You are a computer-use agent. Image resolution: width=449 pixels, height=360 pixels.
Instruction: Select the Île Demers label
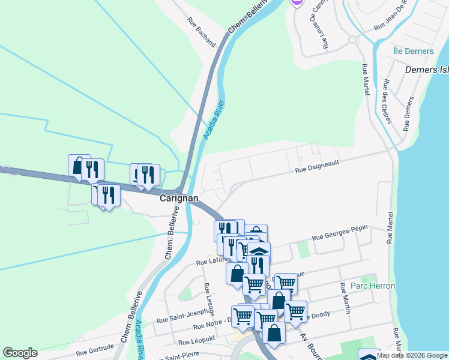[x=414, y=51]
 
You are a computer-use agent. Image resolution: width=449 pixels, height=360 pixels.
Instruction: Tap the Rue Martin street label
[x=345, y=298]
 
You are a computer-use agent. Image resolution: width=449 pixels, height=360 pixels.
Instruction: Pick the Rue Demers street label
[x=409, y=113]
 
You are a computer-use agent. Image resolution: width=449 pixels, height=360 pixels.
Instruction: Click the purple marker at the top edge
[x=297, y=2]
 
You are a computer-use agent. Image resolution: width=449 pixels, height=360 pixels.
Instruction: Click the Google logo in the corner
[x=20, y=353]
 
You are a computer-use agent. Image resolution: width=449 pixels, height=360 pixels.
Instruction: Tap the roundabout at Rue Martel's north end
[x=353, y=40]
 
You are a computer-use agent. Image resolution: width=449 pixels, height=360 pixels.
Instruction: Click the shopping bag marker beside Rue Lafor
[x=237, y=273]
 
